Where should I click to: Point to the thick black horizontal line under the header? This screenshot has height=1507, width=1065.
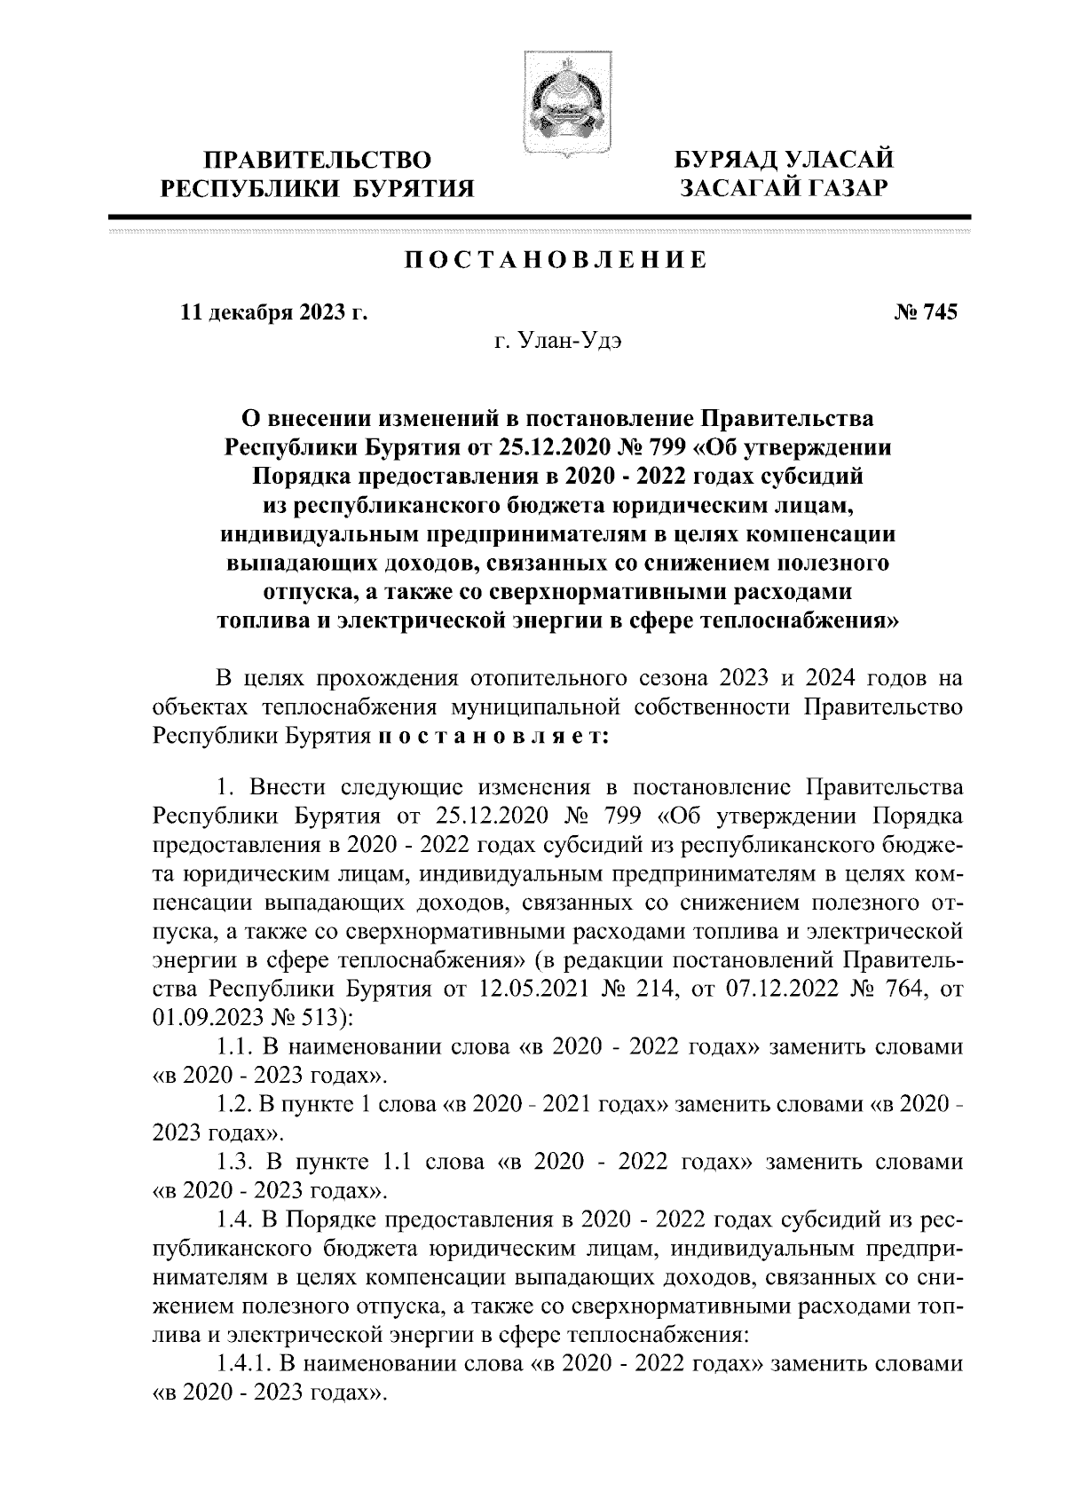coord(540,217)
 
